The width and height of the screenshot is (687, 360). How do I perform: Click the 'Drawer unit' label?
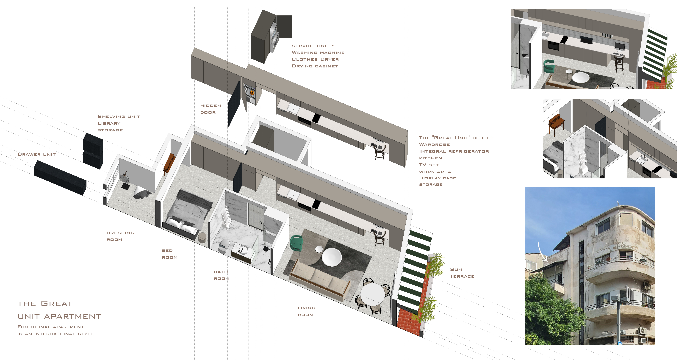coord(36,154)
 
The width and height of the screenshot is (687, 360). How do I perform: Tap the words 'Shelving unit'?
coord(119,116)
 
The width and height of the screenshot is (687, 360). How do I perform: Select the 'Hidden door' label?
coord(210,109)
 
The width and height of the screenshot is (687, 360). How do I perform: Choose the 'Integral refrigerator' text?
coord(454,151)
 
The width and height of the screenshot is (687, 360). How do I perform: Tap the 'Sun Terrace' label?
coord(462,273)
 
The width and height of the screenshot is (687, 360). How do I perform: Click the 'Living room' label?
coord(306,311)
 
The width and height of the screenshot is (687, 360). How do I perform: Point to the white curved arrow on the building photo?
coord(541,252)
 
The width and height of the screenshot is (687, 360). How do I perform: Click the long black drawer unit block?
coord(60,178)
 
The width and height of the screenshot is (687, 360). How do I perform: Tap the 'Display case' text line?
coord(437,178)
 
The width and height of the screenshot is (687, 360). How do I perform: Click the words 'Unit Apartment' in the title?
coord(59,317)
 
